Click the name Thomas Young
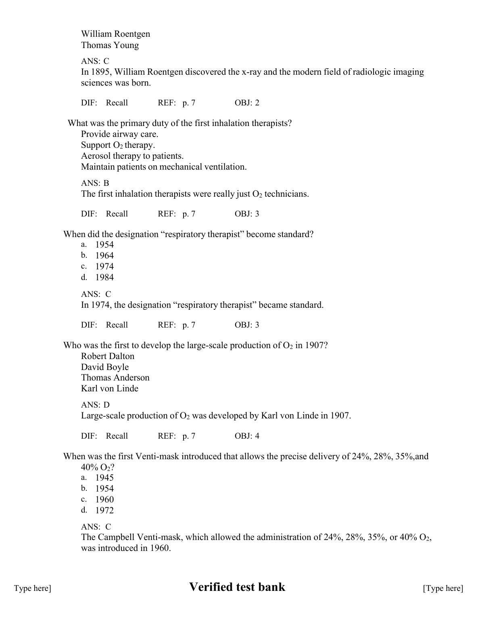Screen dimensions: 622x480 110,45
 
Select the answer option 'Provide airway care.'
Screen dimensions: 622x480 119,134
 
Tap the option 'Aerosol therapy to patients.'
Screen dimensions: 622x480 132,156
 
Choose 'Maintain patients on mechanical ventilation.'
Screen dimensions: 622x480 163,167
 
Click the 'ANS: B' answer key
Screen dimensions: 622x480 95,183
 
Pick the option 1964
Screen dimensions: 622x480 104,256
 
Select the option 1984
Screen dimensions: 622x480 104,277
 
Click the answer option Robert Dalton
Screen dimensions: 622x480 107,356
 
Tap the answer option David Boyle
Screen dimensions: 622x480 104,367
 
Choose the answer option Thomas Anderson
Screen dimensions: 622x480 115,378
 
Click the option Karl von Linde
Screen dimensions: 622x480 109,389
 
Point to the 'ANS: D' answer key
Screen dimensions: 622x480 95,405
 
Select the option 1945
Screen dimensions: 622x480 104,478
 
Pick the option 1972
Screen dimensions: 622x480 104,511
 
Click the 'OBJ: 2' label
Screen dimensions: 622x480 247,103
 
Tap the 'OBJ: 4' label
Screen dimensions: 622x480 247,436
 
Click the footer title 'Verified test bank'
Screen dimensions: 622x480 237,587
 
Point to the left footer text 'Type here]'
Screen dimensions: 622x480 32,588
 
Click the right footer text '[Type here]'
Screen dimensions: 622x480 443,588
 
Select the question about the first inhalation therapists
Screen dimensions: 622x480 179,123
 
